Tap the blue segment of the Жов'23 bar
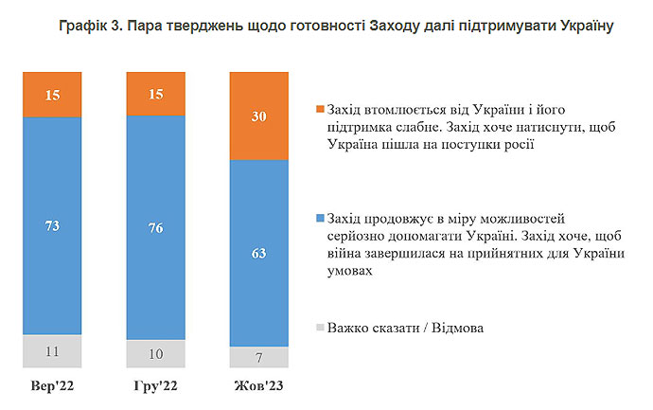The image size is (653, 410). pyautogui.click(x=258, y=254)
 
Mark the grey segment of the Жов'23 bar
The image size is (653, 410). pyautogui.click(x=258, y=358)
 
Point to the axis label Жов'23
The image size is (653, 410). pyautogui.click(x=258, y=386)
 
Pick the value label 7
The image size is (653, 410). pyautogui.click(x=258, y=358)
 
